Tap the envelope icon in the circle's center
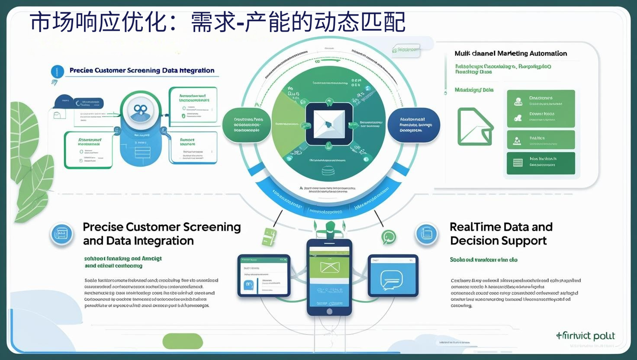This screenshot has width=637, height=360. (x=329, y=124)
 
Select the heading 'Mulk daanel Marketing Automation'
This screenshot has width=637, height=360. (x=511, y=53)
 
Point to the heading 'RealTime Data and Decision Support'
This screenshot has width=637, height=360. (x=501, y=234)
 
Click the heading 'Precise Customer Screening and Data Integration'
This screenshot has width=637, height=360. (x=161, y=234)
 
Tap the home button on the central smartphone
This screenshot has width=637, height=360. (x=329, y=311)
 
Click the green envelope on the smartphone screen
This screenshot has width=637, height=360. (x=329, y=267)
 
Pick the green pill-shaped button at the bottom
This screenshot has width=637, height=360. (x=183, y=341)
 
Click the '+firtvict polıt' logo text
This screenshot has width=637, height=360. (x=585, y=336)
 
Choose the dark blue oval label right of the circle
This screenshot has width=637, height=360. (x=414, y=125)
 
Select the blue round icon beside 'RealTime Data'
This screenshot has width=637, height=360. (x=427, y=234)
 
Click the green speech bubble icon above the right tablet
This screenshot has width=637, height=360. (x=388, y=237)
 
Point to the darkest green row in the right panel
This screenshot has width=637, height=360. (x=540, y=163)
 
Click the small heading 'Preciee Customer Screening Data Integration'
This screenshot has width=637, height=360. (x=142, y=71)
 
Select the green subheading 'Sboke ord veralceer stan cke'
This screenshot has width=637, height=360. (x=483, y=260)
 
